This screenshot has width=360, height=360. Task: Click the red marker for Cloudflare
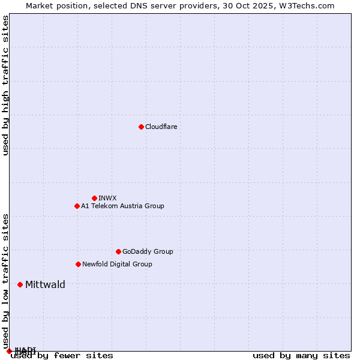pos(141,127)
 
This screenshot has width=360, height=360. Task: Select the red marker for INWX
pos(94,198)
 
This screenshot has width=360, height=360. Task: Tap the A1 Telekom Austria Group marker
pos(77,206)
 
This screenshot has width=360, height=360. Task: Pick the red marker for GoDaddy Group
pos(118,251)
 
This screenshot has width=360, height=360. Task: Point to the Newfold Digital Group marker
pos(78,264)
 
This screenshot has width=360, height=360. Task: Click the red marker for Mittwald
pos(20,284)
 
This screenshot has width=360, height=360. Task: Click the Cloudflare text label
pos(161,127)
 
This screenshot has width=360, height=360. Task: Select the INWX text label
pos(107,198)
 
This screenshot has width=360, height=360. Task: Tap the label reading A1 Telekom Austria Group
pos(122,206)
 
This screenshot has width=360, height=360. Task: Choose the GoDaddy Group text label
pos(148,251)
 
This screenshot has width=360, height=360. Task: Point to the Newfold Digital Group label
pos(117,264)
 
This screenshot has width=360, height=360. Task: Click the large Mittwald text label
pos(45,284)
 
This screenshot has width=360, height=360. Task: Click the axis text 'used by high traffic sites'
pos(6,85)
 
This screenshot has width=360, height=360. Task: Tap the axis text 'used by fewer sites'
pos(62,356)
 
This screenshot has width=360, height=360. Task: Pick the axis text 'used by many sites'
pos(301,356)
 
